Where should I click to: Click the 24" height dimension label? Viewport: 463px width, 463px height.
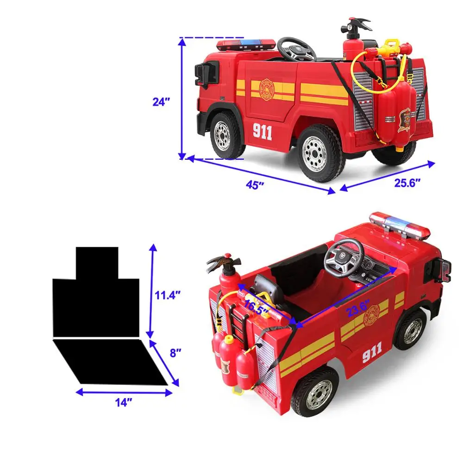click(x=162, y=102)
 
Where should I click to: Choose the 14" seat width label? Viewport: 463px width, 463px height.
click(x=121, y=402)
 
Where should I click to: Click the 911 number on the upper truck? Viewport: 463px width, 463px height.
click(x=262, y=132)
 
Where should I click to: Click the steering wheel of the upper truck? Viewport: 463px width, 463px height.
click(x=296, y=49)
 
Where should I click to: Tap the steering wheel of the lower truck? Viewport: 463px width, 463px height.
click(x=343, y=256)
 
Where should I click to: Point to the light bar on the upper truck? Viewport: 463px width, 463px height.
click(x=245, y=44)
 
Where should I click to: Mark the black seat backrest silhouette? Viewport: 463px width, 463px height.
click(x=96, y=292)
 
